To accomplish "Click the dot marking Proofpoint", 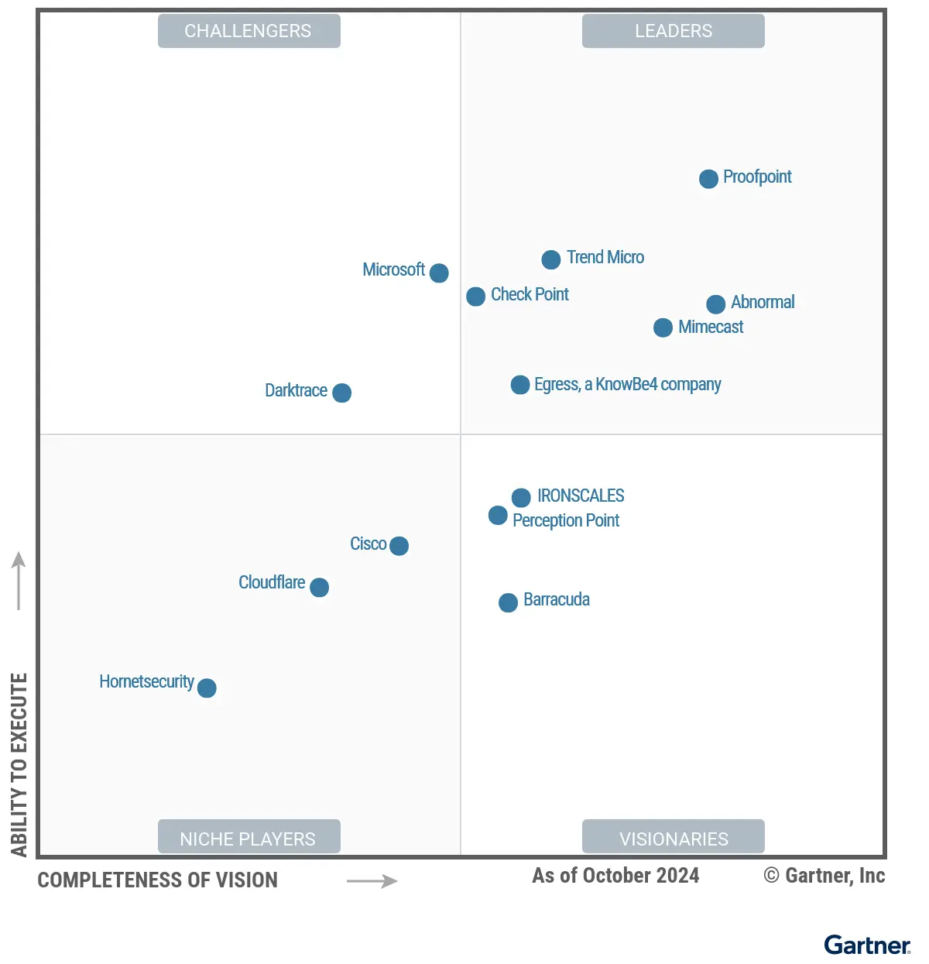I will tap(708, 179).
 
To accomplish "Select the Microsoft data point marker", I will tap(439, 273).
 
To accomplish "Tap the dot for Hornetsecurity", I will tap(207, 688).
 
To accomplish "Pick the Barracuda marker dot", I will tap(508, 602).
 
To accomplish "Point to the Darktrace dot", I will tap(341, 393).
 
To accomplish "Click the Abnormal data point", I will tap(715, 304).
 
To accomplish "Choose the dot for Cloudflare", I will tap(319, 588).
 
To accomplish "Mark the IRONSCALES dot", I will tap(521, 497).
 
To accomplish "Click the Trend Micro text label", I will tap(605, 257).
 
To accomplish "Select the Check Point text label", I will tap(530, 294).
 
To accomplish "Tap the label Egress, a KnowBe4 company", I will tap(627, 384).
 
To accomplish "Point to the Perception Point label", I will tap(565, 520).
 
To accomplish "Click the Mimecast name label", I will tap(710, 327).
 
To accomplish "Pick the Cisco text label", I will tap(368, 544).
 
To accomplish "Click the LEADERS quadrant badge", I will tap(673, 31).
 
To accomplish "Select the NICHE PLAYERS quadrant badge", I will tap(249, 838).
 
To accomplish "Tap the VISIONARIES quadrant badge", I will tap(673, 838).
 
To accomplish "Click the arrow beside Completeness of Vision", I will tap(372, 881).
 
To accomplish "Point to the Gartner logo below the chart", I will tap(866, 945).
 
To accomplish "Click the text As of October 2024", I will tap(615, 876).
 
